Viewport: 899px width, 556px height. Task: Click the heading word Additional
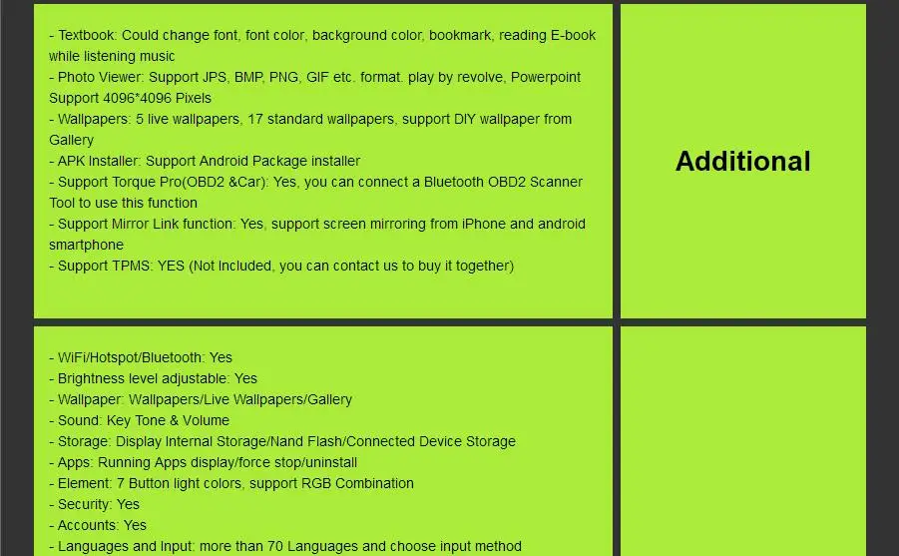[x=742, y=161]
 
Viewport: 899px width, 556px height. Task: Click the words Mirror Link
[x=151, y=224]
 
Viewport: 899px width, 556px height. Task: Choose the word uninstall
[x=323, y=462]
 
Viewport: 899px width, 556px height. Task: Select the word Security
[x=84, y=504]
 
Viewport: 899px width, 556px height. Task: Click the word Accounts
[x=87, y=525]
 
